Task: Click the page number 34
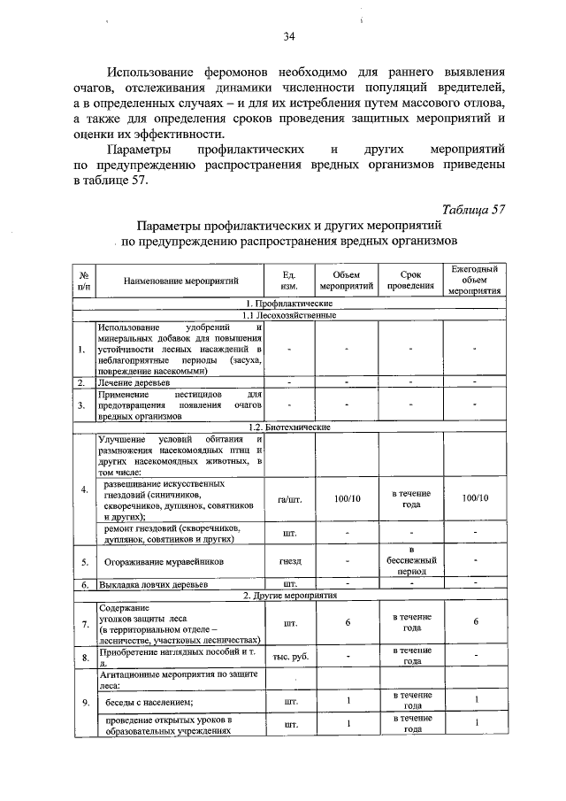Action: click(x=288, y=36)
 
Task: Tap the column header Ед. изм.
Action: click(x=288, y=281)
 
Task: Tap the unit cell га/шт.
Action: click(x=288, y=498)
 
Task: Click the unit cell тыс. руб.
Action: click(x=288, y=656)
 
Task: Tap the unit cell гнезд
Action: click(x=288, y=561)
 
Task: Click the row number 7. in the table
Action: click(x=83, y=624)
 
